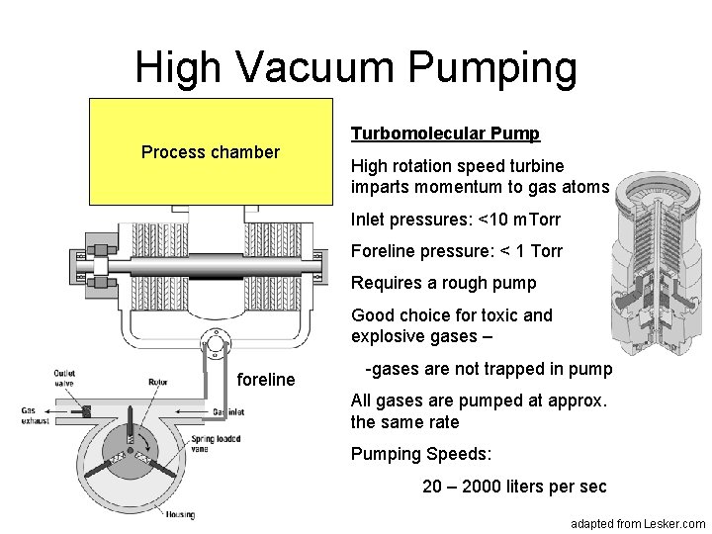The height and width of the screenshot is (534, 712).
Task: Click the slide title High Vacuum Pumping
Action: (x=355, y=67)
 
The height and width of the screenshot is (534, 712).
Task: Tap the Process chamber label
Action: (x=211, y=153)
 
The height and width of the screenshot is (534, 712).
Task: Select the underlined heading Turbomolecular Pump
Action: (x=445, y=133)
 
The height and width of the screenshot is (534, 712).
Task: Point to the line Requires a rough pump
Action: (x=443, y=283)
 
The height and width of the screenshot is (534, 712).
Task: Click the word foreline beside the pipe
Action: (x=266, y=379)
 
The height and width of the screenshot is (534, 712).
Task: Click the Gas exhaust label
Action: (x=37, y=415)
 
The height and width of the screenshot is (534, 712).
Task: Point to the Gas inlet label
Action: (x=229, y=410)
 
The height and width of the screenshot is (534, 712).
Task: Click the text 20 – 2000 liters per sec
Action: (x=515, y=488)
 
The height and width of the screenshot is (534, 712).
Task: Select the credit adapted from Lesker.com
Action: (x=639, y=522)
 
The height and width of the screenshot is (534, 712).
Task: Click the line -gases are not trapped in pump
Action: (x=489, y=370)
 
